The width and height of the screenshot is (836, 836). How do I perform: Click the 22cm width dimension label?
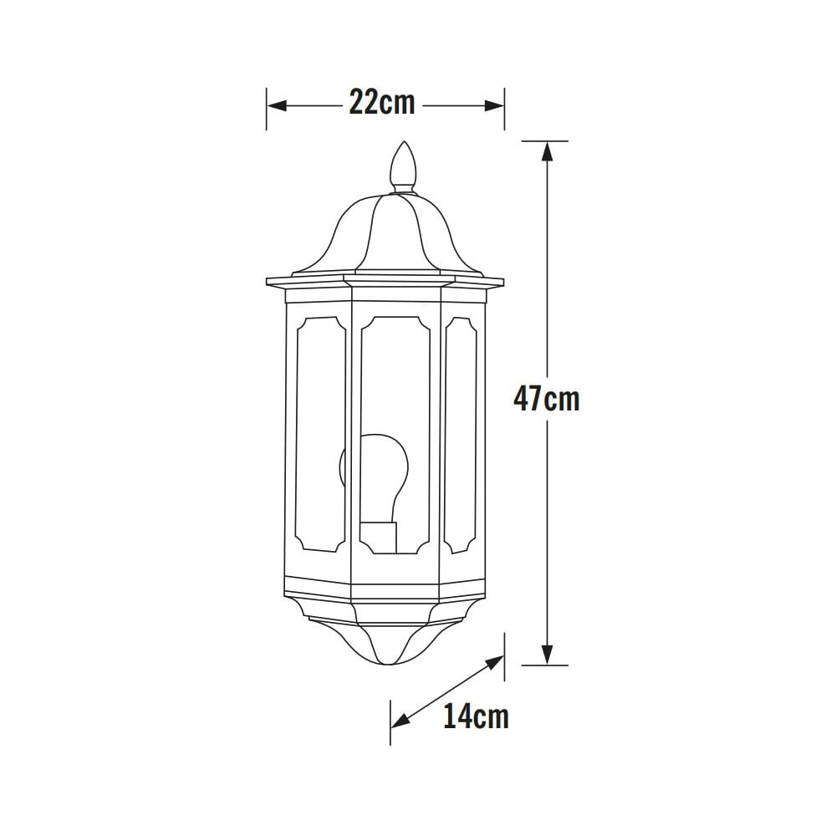pyautogui.click(x=382, y=104)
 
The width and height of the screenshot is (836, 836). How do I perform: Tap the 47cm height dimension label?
pyautogui.click(x=546, y=399)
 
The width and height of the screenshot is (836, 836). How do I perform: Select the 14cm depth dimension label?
pyautogui.click(x=476, y=716)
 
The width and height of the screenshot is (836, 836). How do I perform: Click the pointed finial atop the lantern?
pyautogui.click(x=404, y=165)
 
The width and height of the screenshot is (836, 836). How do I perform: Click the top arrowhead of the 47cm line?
pyautogui.click(x=547, y=150)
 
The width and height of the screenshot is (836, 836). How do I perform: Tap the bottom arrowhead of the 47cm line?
pyautogui.click(x=547, y=655)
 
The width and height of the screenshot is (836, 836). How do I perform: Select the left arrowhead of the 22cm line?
pyautogui.click(x=276, y=106)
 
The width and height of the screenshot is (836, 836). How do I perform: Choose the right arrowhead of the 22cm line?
pyautogui.click(x=495, y=106)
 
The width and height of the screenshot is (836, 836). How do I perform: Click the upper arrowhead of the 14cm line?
pyautogui.click(x=496, y=661)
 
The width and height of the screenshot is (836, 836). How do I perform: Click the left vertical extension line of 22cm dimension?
pyautogui.click(x=267, y=109)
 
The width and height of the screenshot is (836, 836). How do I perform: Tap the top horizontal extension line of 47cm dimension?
pyautogui.click(x=544, y=140)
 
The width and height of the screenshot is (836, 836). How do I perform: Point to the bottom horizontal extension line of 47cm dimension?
pyautogui.click(x=544, y=665)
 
